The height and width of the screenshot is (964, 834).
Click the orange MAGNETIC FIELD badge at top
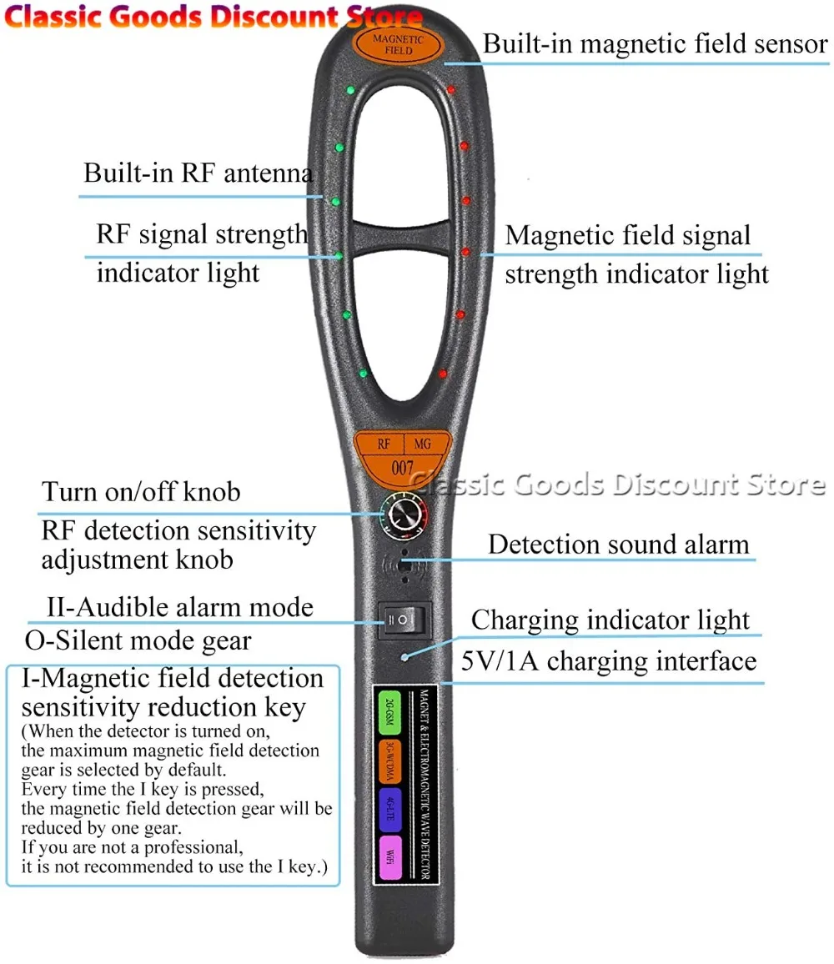[398, 44]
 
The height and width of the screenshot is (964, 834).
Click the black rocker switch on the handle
[404, 620]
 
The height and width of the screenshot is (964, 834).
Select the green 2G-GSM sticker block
[389, 714]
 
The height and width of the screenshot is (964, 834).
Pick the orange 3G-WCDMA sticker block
[389, 762]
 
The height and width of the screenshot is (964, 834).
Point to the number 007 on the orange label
[402, 468]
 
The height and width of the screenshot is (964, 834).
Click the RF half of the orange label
[384, 444]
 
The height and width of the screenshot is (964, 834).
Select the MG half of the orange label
[423, 444]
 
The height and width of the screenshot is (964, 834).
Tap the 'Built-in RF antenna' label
[198, 173]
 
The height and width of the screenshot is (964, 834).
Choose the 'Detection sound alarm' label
[618, 545]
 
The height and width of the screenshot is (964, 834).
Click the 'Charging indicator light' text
[610, 620]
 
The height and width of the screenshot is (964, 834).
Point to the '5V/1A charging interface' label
[609, 661]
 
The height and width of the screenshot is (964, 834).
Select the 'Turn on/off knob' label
[141, 491]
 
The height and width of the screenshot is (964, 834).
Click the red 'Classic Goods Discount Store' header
[214, 17]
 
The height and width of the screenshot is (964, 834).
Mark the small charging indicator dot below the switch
[404, 657]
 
